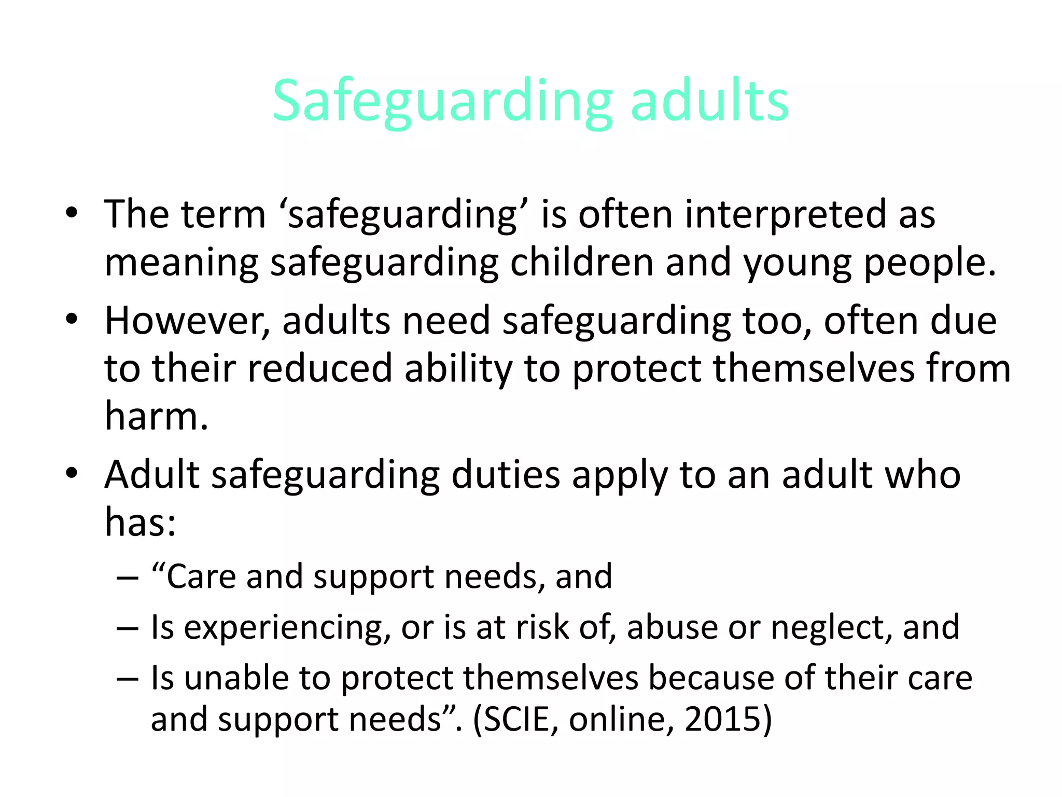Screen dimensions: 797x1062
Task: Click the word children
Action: pos(581,262)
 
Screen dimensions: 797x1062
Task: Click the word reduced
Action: pos(319,368)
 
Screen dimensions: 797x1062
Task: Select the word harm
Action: pos(156,416)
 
